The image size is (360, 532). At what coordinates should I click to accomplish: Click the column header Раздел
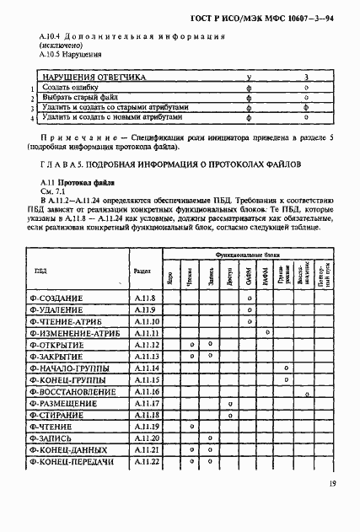point(142,271)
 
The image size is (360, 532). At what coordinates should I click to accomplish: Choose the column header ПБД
point(40,271)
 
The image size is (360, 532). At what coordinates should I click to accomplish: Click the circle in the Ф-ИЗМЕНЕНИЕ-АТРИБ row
point(268,334)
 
